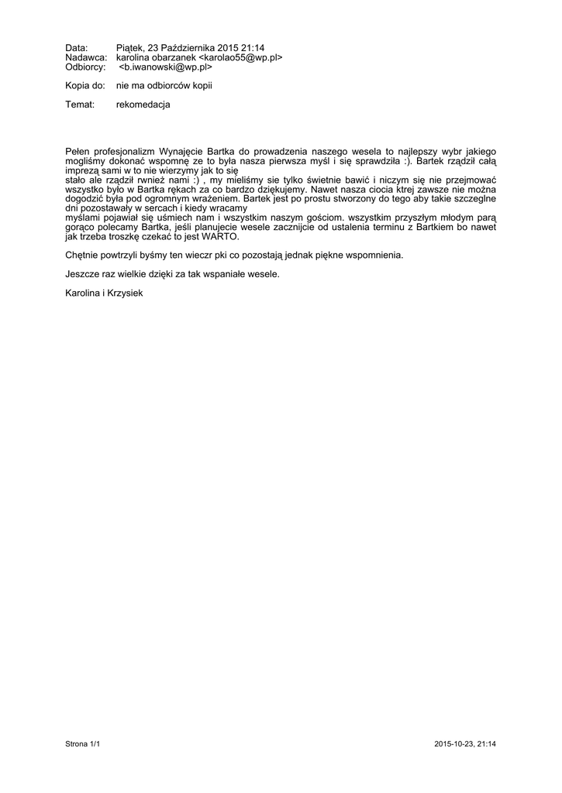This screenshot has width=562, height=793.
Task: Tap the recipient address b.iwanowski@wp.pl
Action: (x=165, y=67)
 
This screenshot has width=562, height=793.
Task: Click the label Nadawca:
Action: (x=85, y=57)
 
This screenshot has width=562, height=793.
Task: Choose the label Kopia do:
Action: (x=84, y=85)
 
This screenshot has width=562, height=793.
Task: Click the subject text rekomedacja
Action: (x=143, y=104)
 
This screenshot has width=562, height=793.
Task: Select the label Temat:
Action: (x=80, y=104)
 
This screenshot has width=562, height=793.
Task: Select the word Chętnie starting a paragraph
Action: (x=83, y=255)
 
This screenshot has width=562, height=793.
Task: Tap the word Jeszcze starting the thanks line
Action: (x=83, y=273)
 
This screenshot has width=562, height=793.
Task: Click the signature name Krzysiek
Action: (x=125, y=292)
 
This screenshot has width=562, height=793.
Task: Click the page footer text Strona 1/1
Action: (x=83, y=744)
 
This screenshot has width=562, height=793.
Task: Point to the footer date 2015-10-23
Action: (x=453, y=744)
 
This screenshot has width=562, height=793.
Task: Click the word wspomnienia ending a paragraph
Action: (x=376, y=255)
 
